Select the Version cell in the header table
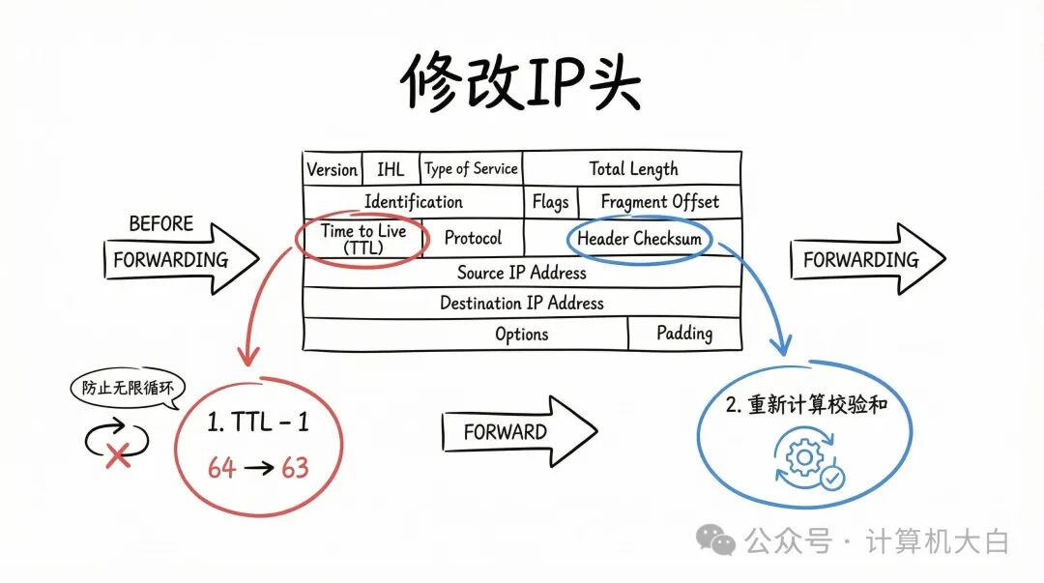click(x=332, y=169)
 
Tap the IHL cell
click(x=391, y=169)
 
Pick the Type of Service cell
click(x=471, y=169)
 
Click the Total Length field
click(x=633, y=169)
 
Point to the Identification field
click(x=413, y=202)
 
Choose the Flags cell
click(x=550, y=202)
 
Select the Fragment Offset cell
click(x=659, y=202)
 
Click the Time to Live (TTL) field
click(x=362, y=239)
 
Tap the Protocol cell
click(x=473, y=238)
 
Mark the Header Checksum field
click(x=639, y=238)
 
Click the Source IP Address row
click(x=521, y=273)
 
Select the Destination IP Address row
click(x=521, y=303)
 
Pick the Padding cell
click(x=683, y=334)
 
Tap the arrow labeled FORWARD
click(x=517, y=431)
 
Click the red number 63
click(x=295, y=468)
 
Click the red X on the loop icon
click(x=118, y=455)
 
